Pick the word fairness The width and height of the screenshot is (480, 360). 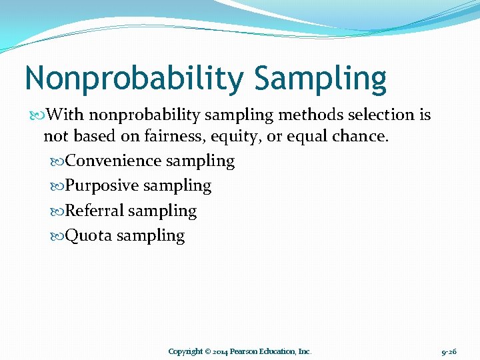click(x=155, y=137)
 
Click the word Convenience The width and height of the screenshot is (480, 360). click(x=114, y=161)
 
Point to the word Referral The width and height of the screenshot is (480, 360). click(x=95, y=211)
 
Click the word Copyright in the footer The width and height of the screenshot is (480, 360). click(x=185, y=351)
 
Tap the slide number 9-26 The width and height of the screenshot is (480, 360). click(x=449, y=351)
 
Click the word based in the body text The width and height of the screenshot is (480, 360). click(x=88, y=137)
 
